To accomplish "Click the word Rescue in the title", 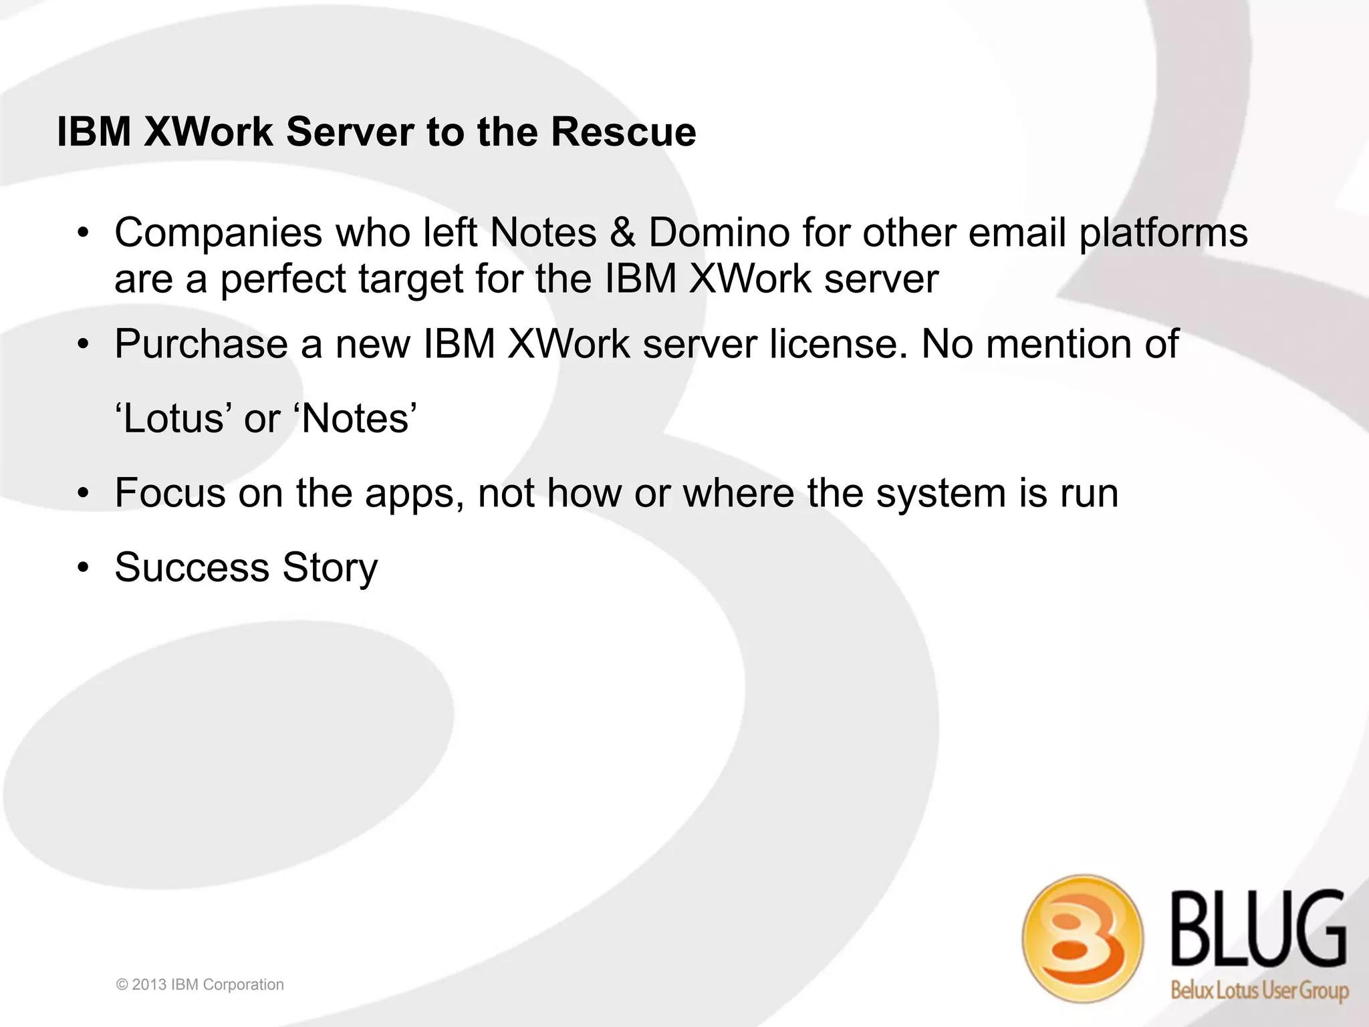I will (623, 132).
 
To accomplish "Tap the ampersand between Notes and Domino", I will (622, 233).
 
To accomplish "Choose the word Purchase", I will (201, 345).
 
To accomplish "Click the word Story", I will (330, 569).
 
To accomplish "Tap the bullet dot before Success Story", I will (82, 569).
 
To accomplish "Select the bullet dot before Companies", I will (82, 234).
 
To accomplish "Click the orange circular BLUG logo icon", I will (1082, 938).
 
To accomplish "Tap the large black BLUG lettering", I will (1258, 930).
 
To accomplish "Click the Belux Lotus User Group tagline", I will (1259, 990).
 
